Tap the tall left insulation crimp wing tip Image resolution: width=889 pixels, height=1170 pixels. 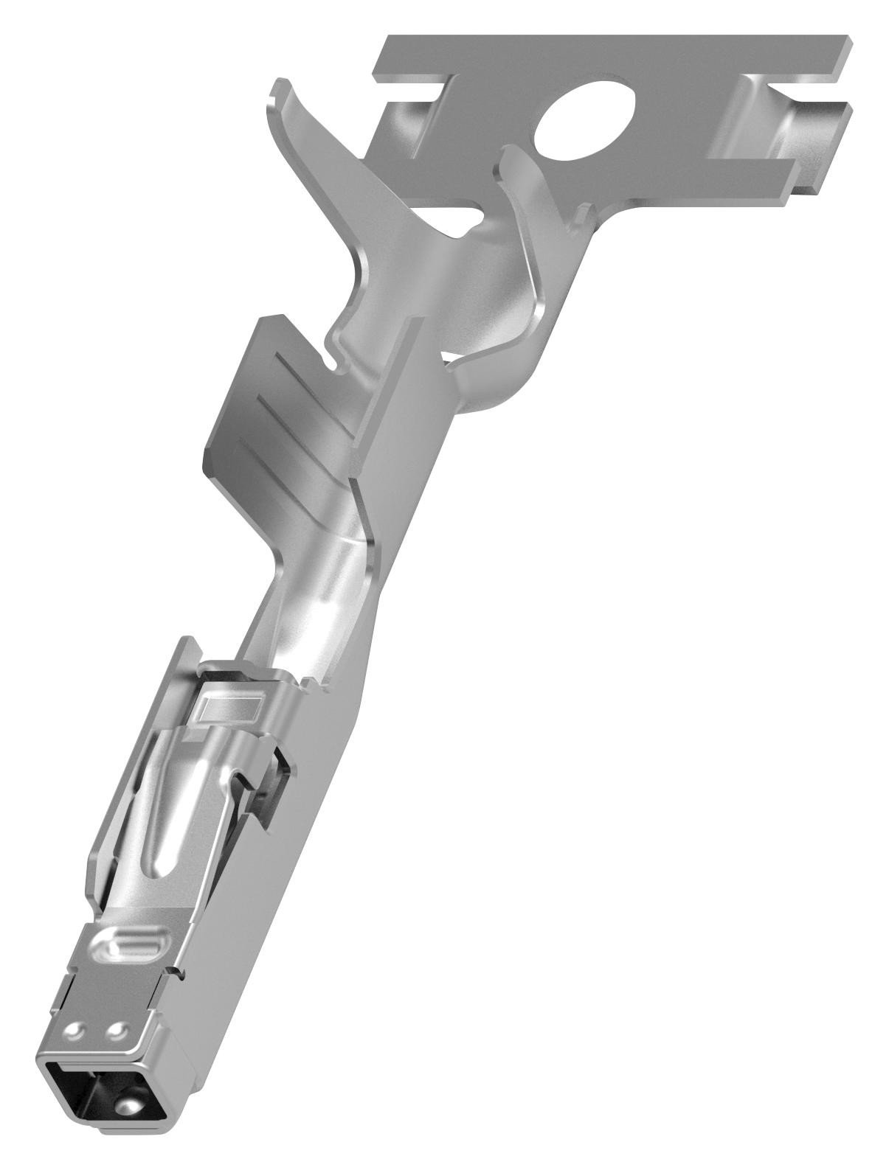[x=277, y=90]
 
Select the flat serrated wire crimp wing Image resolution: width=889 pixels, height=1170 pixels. [x=295, y=413]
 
